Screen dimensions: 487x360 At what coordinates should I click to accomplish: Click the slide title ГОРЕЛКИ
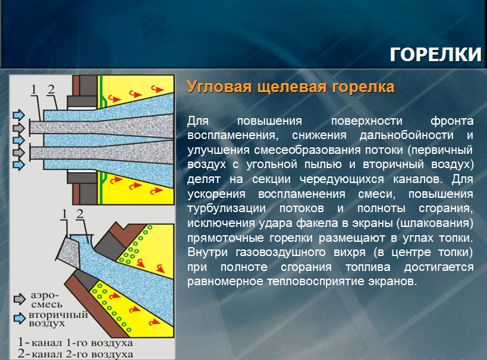pyautogui.click(x=435, y=54)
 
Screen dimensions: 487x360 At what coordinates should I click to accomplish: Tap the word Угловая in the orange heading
pyautogui.click(x=219, y=87)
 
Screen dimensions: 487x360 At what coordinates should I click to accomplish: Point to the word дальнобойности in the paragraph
pyautogui.click(x=406, y=135)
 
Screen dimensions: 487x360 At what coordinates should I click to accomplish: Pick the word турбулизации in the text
pyautogui.click(x=227, y=209)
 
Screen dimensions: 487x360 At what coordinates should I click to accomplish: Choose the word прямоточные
pyautogui.click(x=225, y=238)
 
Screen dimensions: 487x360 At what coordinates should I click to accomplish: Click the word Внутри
pyautogui.click(x=208, y=252)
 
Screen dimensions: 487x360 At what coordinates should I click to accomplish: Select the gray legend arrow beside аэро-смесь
pyautogui.click(x=20, y=299)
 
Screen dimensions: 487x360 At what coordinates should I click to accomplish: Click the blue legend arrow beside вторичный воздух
pyautogui.click(x=20, y=318)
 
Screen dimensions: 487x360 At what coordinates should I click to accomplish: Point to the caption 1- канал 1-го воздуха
pyautogui.click(x=76, y=343)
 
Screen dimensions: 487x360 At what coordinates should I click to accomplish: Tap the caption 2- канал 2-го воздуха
pyautogui.click(x=76, y=354)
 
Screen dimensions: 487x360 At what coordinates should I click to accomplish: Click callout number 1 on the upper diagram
pyautogui.click(x=34, y=90)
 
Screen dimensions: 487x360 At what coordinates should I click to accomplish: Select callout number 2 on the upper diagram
pyautogui.click(x=51, y=89)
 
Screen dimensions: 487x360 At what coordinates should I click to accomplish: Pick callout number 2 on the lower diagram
pyautogui.click(x=80, y=214)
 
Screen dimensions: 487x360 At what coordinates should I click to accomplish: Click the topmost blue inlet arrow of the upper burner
pyautogui.click(x=18, y=115)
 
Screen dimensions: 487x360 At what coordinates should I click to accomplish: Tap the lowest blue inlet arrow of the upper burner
pyautogui.click(x=18, y=165)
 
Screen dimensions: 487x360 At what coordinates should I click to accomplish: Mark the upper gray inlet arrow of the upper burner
pyautogui.click(x=18, y=128)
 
